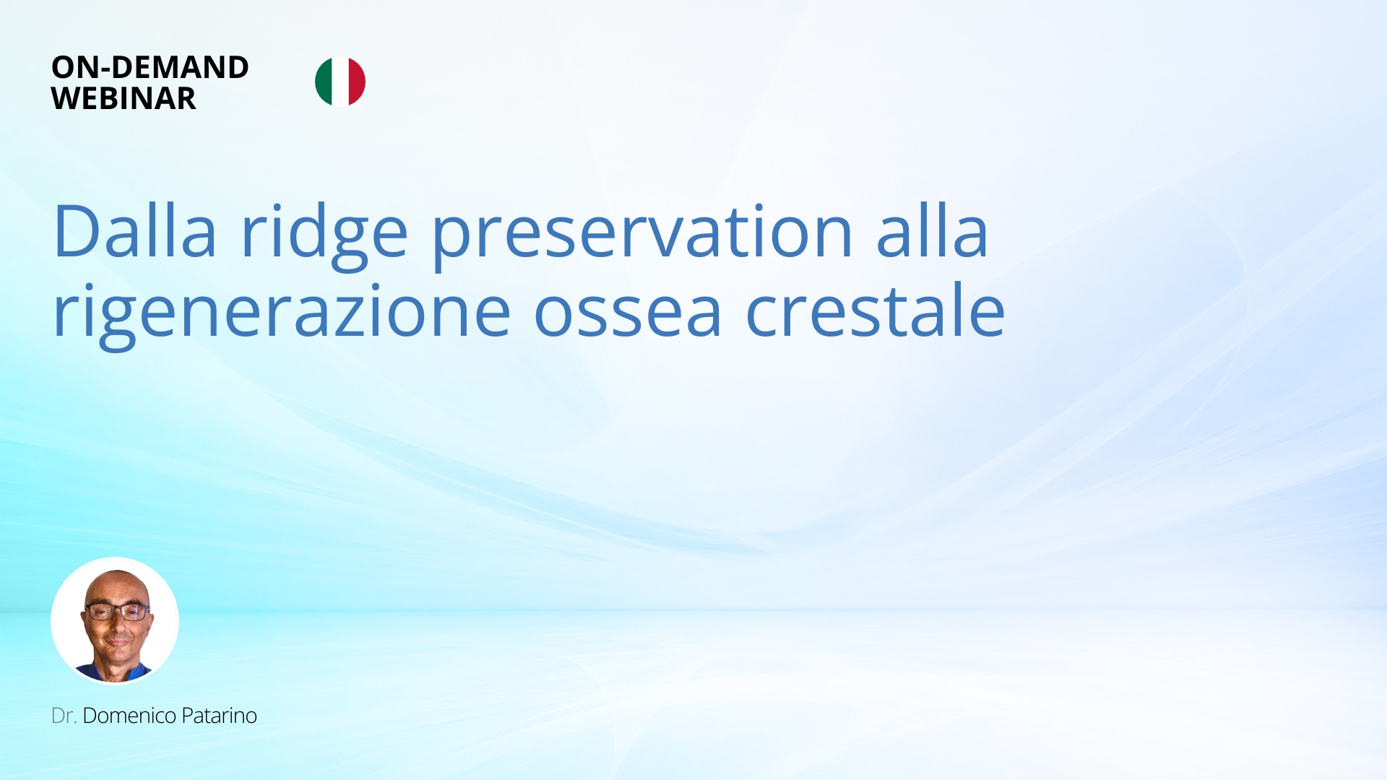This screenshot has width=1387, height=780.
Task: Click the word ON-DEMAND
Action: (x=150, y=67)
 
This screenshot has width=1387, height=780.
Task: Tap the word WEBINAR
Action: (x=124, y=98)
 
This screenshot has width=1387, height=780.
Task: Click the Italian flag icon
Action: (x=340, y=82)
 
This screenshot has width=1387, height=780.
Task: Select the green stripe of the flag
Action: (x=323, y=82)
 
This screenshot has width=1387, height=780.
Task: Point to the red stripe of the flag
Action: (x=358, y=82)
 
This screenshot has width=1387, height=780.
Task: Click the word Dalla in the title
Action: (x=135, y=231)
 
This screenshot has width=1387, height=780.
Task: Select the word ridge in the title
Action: (x=324, y=236)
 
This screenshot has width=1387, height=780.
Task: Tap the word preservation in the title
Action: (x=643, y=236)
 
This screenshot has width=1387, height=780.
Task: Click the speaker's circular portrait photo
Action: (x=115, y=620)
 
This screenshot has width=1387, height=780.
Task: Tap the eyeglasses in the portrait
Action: (x=117, y=612)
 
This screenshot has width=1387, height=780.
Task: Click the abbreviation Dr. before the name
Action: (x=64, y=716)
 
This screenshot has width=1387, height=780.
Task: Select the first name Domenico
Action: (x=129, y=716)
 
